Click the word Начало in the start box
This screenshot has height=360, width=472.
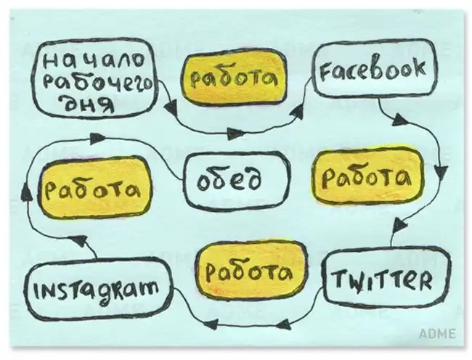[94, 62]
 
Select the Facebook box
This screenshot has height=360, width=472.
[375, 69]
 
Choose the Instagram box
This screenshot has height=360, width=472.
[98, 290]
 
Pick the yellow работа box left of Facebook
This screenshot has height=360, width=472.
[234, 77]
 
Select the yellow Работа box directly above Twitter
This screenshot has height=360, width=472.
[368, 177]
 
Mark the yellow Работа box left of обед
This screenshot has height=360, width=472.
[95, 188]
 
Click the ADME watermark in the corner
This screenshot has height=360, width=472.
[437, 334]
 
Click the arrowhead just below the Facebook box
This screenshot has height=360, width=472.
[400, 120]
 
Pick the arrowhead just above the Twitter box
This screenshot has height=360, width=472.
[400, 225]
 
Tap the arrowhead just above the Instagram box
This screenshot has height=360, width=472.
[79, 240]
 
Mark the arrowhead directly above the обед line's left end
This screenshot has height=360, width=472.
[97, 138]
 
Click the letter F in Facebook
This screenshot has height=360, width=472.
[325, 73]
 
